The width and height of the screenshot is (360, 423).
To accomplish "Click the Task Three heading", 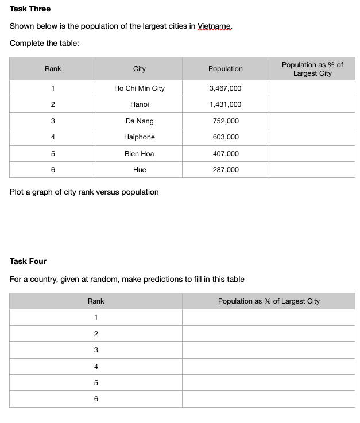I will tap(30, 9).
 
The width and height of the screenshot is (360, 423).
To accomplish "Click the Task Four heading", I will tap(28, 261).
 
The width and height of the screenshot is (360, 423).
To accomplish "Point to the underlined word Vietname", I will tap(215, 26).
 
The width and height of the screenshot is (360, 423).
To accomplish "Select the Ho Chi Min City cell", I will tap(139, 88).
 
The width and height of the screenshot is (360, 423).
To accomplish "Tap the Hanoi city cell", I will tap(139, 104).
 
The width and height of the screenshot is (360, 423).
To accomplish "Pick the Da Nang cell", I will tap(139, 121).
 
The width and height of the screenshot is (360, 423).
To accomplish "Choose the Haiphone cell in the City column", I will tap(139, 137).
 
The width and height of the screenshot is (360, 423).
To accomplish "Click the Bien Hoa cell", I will tap(139, 154).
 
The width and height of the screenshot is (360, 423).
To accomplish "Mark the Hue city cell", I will tap(139, 170).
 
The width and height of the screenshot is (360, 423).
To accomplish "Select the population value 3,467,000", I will tap(226, 88).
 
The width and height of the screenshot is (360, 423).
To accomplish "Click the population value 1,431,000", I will tap(226, 104).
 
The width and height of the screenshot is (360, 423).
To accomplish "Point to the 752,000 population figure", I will tap(226, 121).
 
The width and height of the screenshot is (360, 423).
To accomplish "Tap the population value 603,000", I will tap(226, 137).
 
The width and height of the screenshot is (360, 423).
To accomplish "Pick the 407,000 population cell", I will tap(226, 154).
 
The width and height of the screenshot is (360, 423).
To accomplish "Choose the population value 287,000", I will tap(226, 170).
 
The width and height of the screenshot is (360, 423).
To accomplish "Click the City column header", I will tap(139, 69).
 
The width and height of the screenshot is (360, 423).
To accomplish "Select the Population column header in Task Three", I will tap(226, 69).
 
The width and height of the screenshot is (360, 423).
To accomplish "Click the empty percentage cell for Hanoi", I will tap(312, 104).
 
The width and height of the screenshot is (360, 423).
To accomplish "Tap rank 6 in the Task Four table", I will tap(96, 399).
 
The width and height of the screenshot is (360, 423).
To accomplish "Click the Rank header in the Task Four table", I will tap(96, 301).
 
